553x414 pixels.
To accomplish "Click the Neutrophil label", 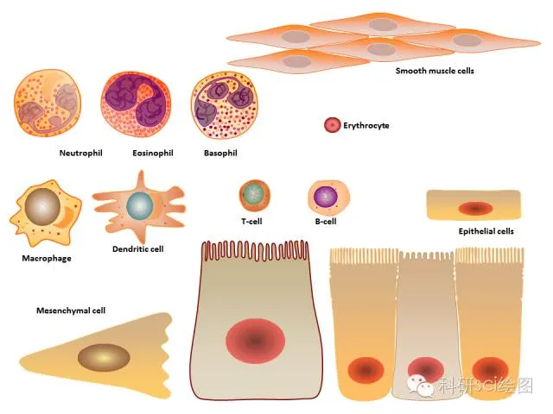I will (x=81, y=154).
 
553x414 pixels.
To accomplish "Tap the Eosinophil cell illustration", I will (x=140, y=105).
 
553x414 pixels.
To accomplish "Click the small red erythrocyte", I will (x=332, y=125).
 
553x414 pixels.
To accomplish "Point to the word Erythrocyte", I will (x=366, y=126).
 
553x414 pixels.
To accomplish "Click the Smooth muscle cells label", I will (x=435, y=71).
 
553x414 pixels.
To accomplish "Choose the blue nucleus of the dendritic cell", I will (x=139, y=205).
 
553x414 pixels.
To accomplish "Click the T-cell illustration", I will (x=253, y=195).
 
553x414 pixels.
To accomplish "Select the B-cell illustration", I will (x=327, y=197).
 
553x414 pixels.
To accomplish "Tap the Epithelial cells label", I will (x=486, y=231).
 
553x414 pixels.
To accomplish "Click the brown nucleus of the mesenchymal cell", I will (x=104, y=356).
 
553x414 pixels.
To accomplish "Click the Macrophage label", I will (x=47, y=258).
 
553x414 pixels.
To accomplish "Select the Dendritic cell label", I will (x=138, y=249).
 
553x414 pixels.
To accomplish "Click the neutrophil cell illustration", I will (x=48, y=105).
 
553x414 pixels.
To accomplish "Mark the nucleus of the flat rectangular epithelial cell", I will (x=474, y=208).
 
